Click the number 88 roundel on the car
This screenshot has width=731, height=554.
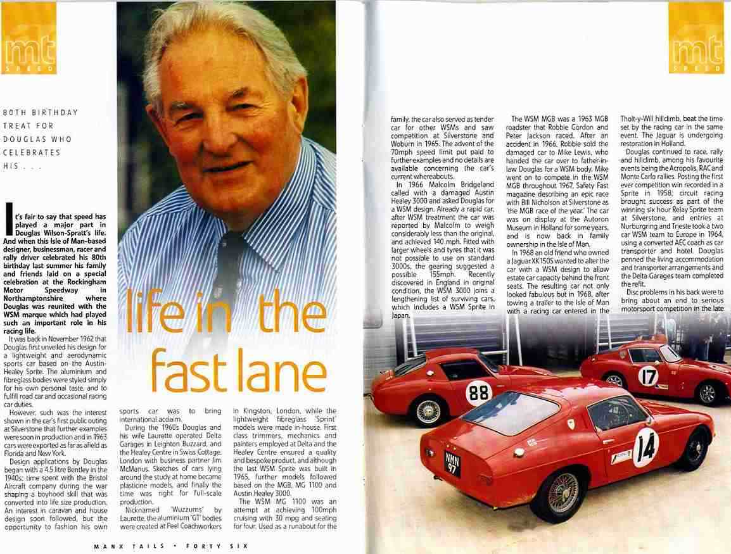(x=478, y=393)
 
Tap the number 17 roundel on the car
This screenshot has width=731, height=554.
(x=648, y=376)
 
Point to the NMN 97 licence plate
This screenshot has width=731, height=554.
(x=452, y=462)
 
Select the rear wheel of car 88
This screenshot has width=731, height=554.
(x=429, y=412)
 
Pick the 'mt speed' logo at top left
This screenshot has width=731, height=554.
(x=29, y=47)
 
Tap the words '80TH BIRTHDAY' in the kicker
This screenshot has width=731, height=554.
(x=41, y=113)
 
